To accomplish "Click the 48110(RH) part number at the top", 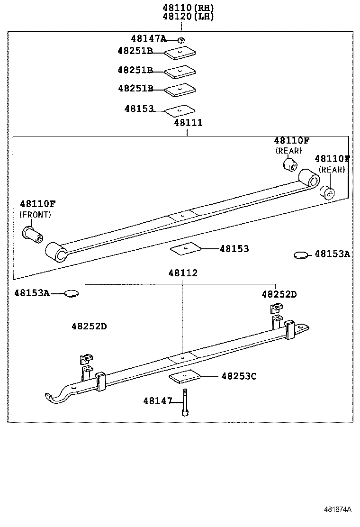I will tap(188, 8).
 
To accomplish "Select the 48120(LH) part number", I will tap(188, 17).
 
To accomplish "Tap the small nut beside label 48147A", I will tap(181, 40).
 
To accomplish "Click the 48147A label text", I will tap(149, 39).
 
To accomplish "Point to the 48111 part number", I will tap(188, 123).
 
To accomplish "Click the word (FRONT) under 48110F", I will tap(36, 214).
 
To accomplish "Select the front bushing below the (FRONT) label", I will tap(33, 233).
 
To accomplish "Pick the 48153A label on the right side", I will tap(332, 254).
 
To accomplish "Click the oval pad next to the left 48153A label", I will tap(71, 294).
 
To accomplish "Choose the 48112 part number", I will tap(183, 273).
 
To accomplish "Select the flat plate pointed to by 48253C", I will tap(184, 377).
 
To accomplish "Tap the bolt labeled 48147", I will tap(184, 403).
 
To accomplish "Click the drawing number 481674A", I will tap(337, 510).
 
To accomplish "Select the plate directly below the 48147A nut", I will tap(180, 53).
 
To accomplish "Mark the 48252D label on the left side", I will tap(89, 327).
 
